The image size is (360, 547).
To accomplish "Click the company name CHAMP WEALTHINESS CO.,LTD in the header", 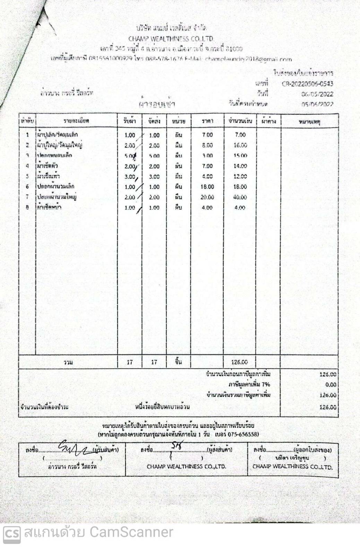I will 171,39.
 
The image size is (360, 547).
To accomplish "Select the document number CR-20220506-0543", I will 307,84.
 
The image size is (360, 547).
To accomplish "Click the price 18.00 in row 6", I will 207,187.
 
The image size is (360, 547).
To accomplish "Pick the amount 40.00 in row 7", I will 240,197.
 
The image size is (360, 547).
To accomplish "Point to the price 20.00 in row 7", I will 207,197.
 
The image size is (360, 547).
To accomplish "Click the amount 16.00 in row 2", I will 240,145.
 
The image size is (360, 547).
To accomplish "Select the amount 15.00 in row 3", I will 240,156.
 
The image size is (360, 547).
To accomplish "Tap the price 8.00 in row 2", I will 207,145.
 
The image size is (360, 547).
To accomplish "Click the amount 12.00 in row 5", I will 240,176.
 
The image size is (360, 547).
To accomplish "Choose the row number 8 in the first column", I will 27,207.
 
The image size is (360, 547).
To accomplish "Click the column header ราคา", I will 207,121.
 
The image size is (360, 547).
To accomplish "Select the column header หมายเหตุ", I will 309,121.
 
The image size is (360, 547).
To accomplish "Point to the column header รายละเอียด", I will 76,121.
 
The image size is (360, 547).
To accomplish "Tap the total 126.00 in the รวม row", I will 239,362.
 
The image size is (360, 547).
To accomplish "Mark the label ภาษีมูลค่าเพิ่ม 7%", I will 249,384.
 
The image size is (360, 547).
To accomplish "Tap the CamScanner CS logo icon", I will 12,532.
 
